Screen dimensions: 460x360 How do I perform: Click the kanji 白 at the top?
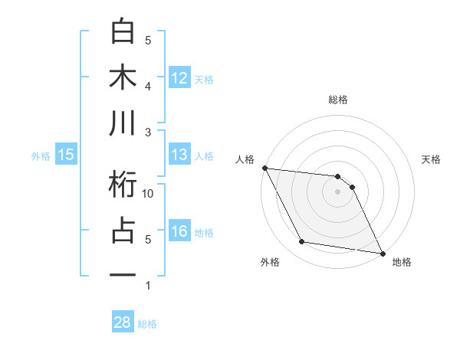(123, 33)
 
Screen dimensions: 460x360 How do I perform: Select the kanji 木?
(123, 78)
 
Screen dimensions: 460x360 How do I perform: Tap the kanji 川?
(123, 124)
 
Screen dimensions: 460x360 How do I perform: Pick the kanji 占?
(123, 231)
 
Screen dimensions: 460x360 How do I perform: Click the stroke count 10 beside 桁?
(149, 194)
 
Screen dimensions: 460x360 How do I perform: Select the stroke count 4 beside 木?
(148, 86)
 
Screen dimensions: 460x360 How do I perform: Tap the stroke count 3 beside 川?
(148, 132)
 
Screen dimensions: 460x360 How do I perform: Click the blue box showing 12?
(179, 77)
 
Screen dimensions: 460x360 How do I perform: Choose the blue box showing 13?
(179, 155)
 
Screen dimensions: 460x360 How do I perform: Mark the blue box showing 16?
(179, 231)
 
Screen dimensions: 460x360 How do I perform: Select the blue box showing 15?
(66, 155)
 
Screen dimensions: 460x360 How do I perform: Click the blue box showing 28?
(123, 322)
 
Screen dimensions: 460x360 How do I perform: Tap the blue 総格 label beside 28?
(148, 323)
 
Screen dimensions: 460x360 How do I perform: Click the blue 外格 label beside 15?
(41, 155)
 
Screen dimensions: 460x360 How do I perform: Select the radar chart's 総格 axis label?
(337, 100)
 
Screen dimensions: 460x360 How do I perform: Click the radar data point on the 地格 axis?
(382, 253)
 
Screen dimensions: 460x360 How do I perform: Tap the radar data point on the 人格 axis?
(264, 168)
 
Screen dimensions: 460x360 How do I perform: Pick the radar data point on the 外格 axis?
(302, 242)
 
